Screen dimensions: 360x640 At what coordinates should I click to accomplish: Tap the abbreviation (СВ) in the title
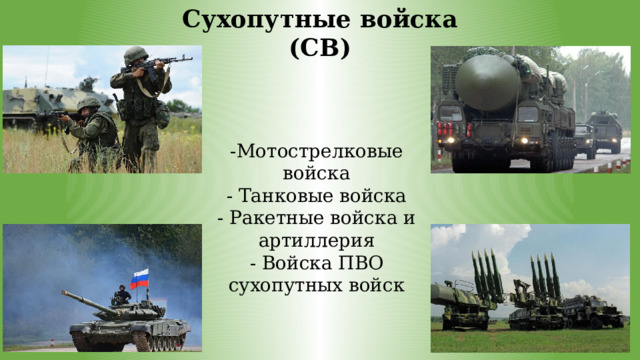pos(319,47)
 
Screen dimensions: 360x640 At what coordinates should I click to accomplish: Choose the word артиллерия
pos(315,241)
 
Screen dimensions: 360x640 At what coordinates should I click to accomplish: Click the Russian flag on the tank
pos(140,278)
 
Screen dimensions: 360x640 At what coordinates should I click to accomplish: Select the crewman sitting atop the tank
pos(121,296)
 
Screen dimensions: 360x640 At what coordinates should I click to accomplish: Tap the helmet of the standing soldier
pos(135,54)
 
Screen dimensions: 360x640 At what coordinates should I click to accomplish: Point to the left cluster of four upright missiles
pos(486,274)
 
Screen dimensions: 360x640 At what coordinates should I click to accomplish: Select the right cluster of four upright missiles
pos(545,275)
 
